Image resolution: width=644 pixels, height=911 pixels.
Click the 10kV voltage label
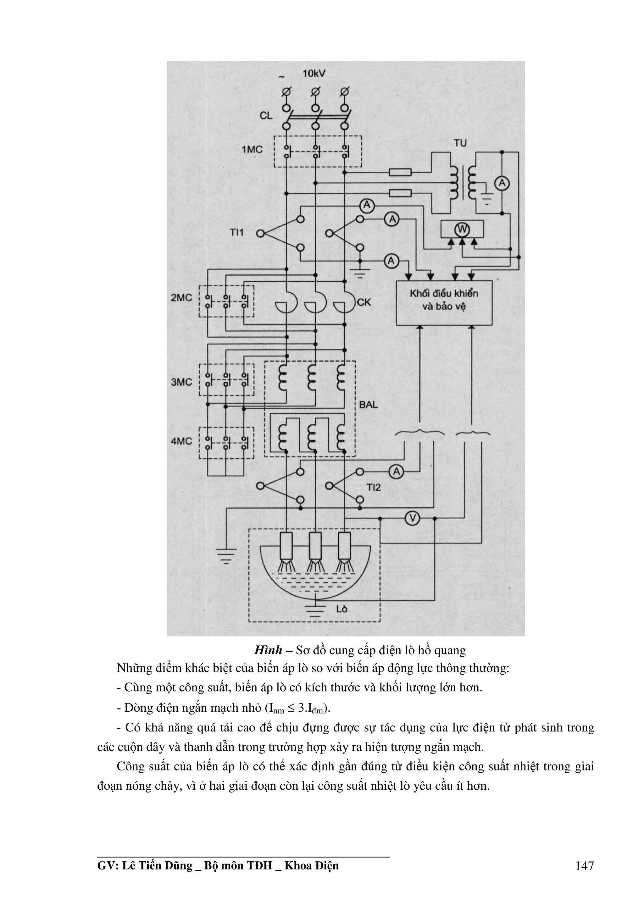314,74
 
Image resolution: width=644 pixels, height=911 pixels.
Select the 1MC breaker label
253,150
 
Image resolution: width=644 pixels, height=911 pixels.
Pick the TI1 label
236,233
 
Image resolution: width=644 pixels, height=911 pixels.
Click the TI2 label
373,487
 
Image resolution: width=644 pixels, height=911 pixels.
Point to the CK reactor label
364,302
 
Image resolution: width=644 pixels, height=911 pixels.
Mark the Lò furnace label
341,608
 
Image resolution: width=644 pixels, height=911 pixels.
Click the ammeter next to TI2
396,471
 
